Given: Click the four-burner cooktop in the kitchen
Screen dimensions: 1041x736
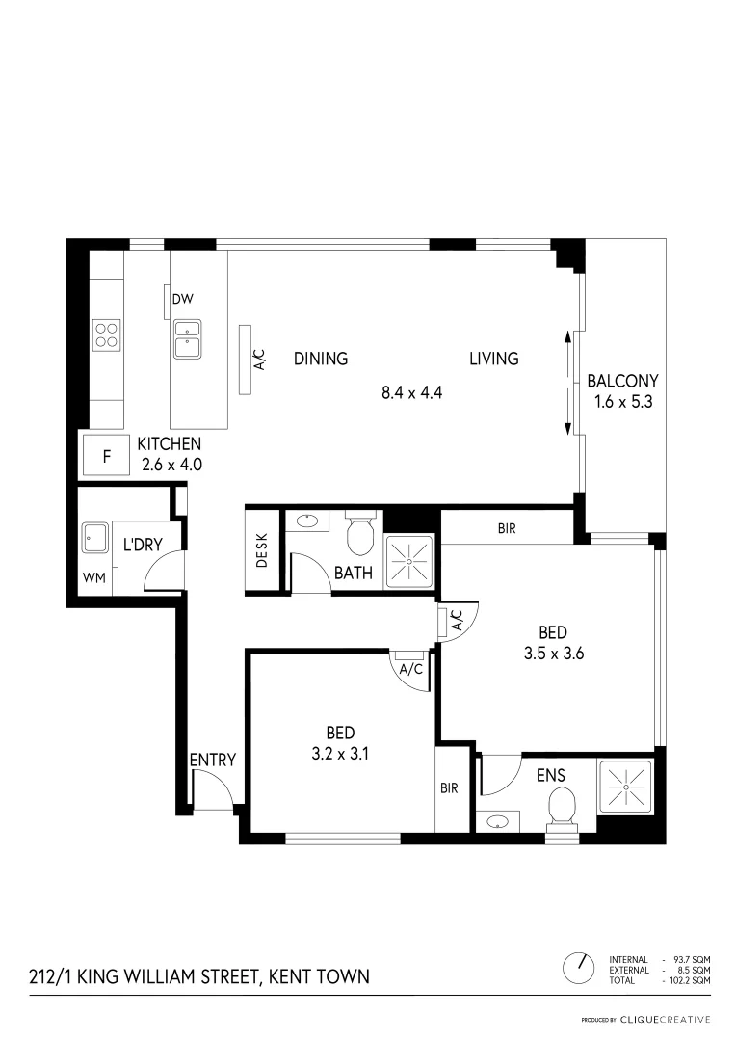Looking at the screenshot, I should click(106, 334).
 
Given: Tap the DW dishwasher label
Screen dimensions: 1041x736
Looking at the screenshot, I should click(182, 299).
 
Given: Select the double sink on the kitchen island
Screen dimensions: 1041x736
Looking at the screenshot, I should click(187, 340).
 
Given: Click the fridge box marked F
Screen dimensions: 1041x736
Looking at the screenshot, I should click(107, 456).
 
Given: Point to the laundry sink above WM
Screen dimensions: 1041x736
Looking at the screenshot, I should click(94, 538).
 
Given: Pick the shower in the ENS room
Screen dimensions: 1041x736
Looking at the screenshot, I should click(625, 788).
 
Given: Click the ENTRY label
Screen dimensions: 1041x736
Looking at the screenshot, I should click(212, 761).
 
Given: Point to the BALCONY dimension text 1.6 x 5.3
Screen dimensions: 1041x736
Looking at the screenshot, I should click(622, 403).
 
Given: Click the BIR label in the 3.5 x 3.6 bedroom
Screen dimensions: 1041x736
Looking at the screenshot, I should click(507, 529).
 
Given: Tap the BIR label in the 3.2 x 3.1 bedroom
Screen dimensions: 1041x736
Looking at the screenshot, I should click(449, 787).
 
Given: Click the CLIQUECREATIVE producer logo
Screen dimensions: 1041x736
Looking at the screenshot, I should click(665, 1019).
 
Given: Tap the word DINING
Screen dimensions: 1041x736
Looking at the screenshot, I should click(321, 359).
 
